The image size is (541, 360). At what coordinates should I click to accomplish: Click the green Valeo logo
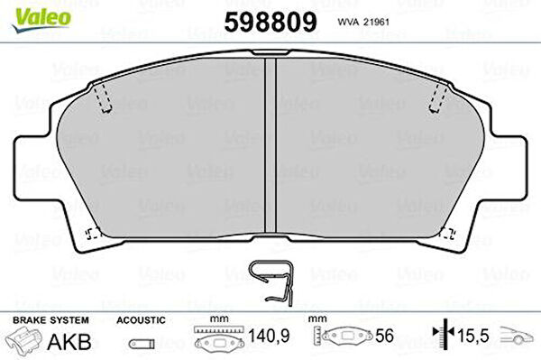point(41,20)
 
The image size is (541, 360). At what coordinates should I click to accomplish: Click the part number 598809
point(270,22)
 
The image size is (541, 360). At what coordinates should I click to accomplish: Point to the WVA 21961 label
point(363,22)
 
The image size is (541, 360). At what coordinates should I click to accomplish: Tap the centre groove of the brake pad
point(270,145)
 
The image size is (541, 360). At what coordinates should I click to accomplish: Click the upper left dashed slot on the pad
point(103,98)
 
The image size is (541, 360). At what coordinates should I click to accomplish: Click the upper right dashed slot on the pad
point(438,98)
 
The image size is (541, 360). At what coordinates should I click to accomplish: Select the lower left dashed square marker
point(93,234)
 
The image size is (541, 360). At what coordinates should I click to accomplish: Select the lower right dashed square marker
point(448,234)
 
